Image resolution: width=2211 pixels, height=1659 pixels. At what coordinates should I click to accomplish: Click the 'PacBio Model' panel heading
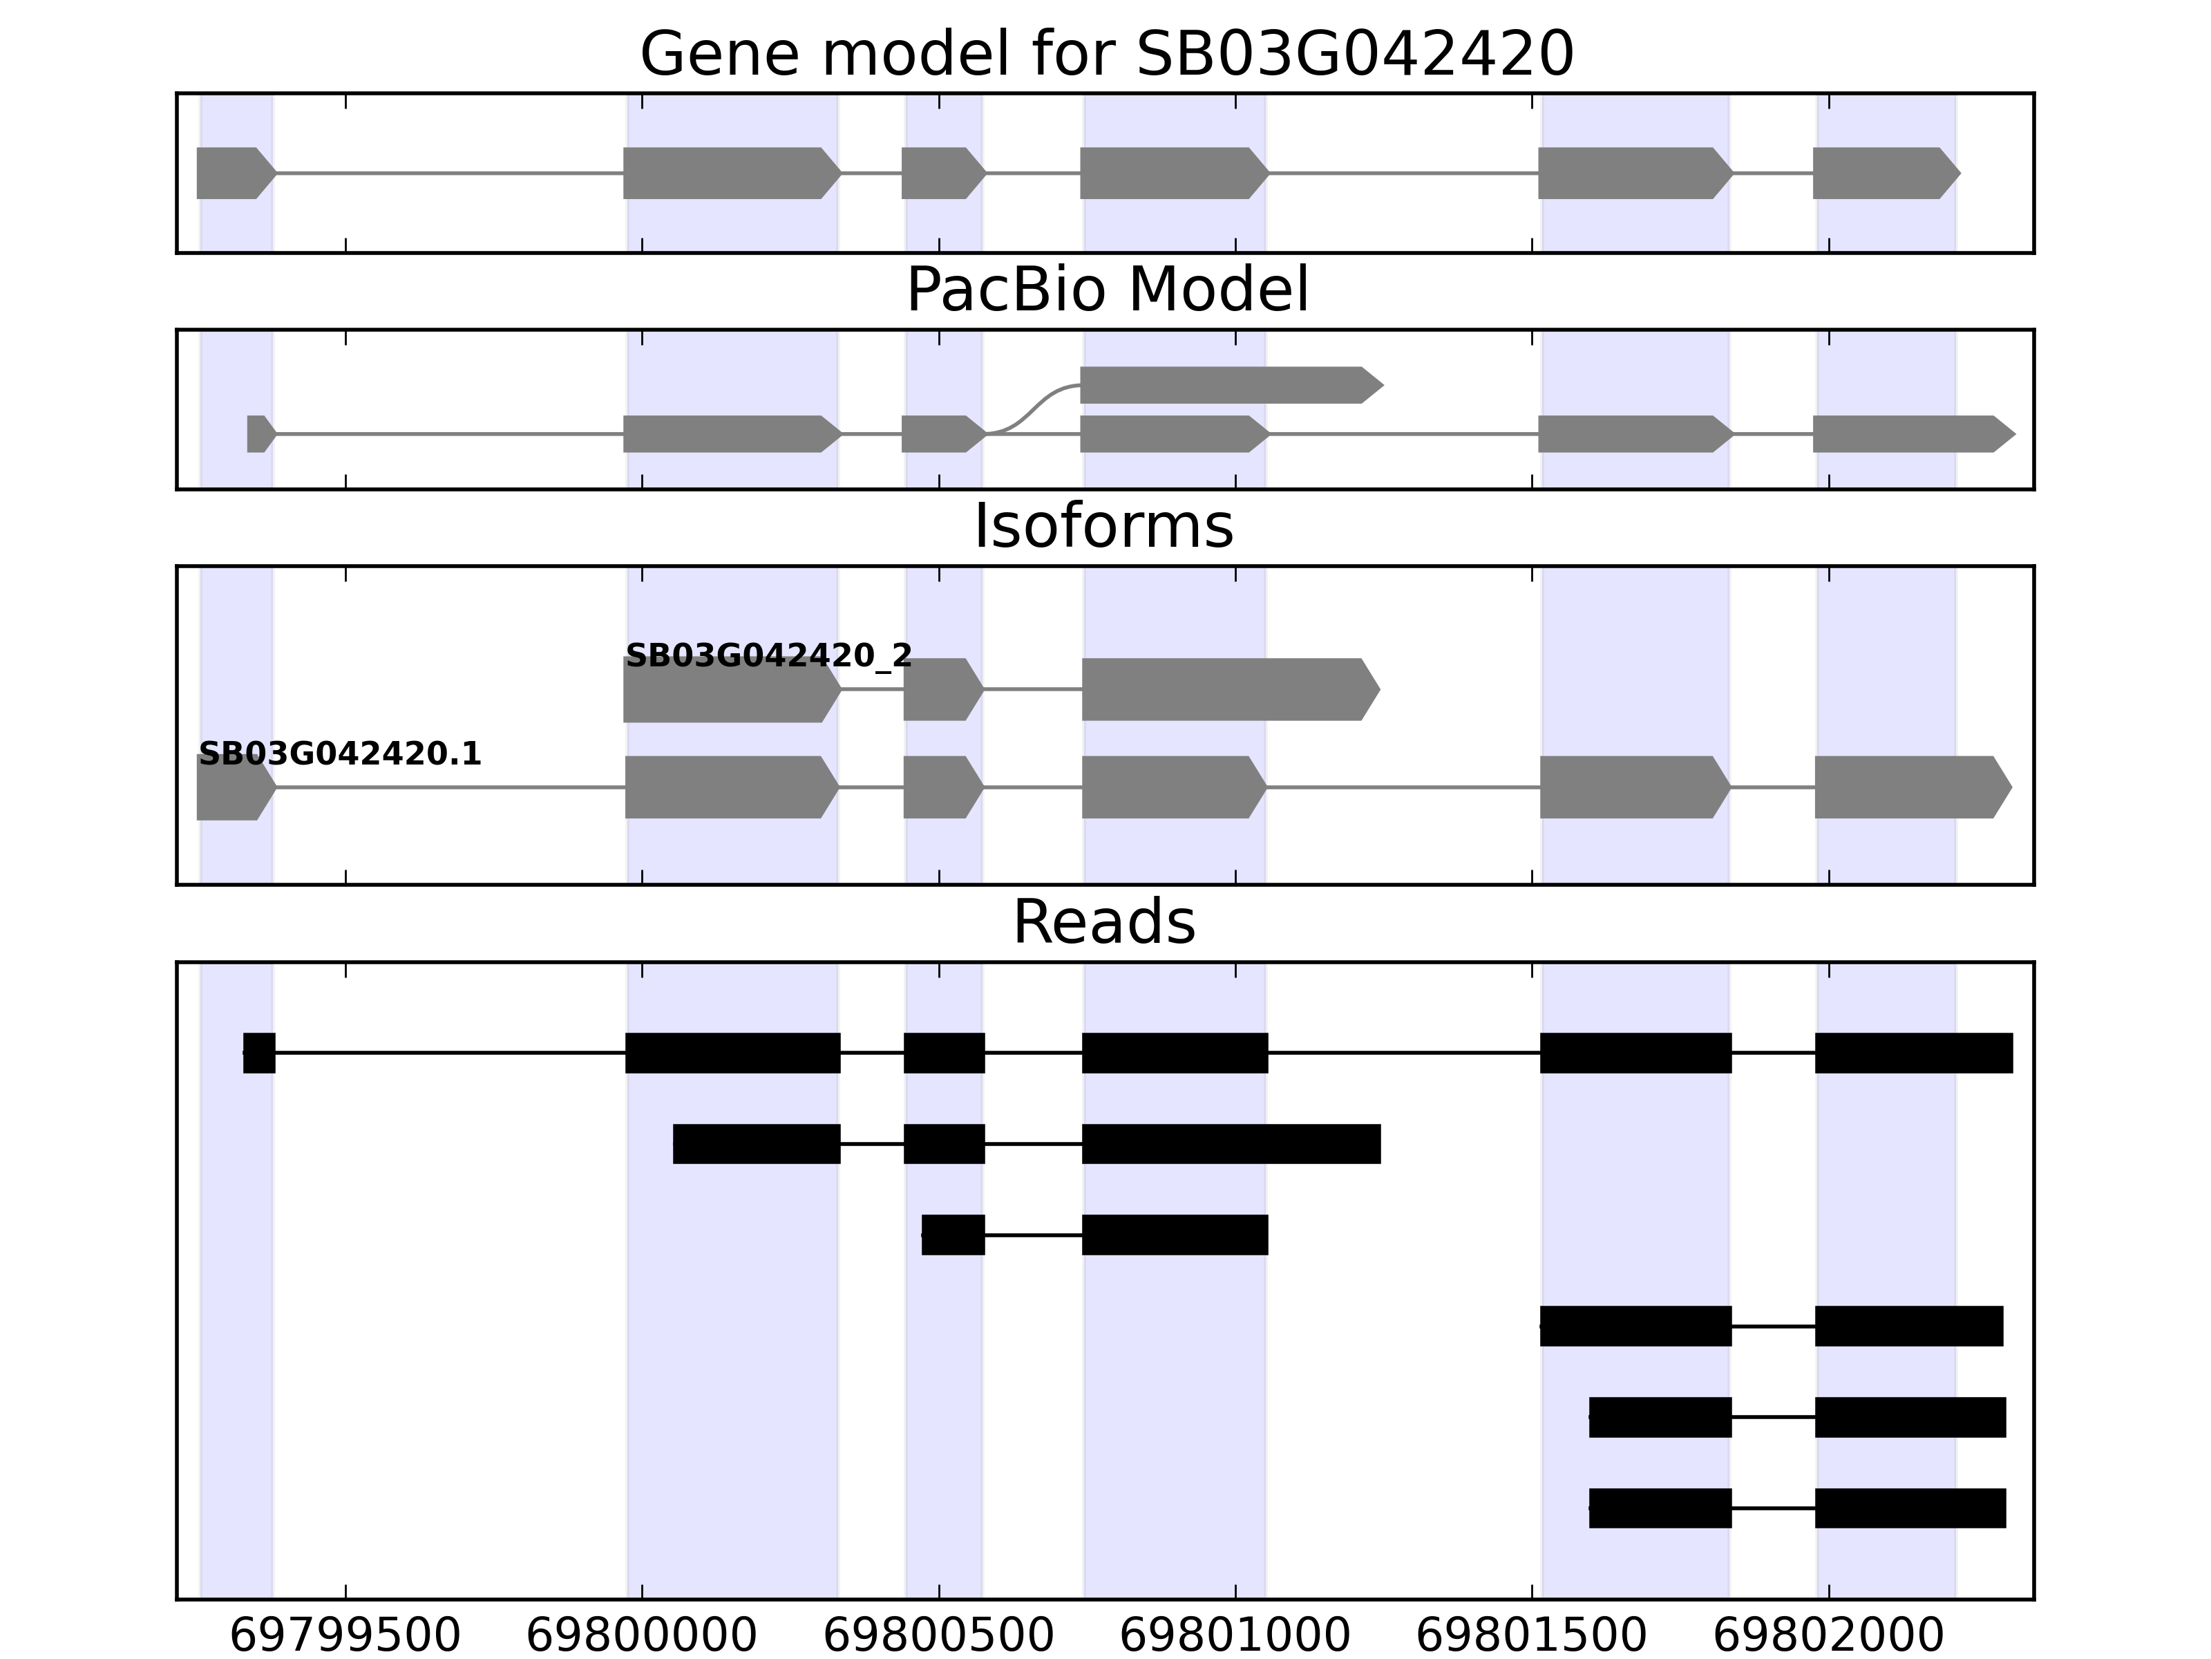[x=1105, y=290]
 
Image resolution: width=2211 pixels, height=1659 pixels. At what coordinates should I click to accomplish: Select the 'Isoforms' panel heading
[x=1103, y=526]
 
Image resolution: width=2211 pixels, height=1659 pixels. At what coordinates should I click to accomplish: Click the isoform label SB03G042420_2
[x=768, y=656]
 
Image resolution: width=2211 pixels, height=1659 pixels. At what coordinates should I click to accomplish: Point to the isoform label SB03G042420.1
[x=340, y=754]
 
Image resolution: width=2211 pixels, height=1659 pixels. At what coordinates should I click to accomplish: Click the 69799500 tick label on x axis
[x=345, y=1636]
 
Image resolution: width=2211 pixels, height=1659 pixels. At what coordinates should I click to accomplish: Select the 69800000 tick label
[x=642, y=1636]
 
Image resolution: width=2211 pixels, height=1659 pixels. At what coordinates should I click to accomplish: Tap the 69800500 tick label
[x=938, y=1636]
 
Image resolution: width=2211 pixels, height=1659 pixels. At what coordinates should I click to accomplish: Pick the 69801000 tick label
[x=1235, y=1636]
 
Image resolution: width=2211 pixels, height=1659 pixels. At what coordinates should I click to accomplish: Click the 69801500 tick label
[x=1532, y=1636]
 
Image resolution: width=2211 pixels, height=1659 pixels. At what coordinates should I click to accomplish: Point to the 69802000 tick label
[x=1829, y=1636]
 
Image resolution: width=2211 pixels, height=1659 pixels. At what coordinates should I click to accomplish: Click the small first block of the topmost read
[x=259, y=1053]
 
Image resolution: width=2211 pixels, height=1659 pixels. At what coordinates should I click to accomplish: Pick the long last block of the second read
[x=1231, y=1144]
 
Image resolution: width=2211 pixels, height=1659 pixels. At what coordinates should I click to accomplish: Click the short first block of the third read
[x=953, y=1235]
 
